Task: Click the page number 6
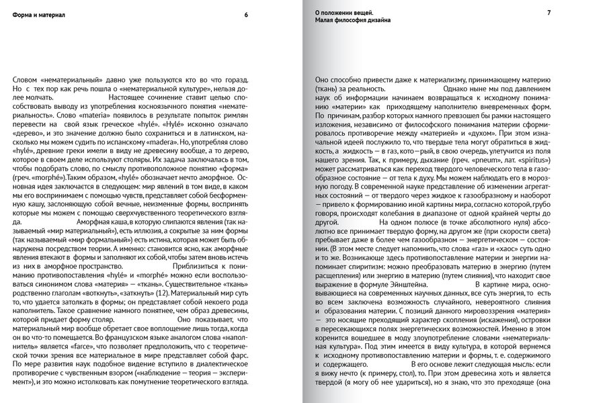tap(246, 15)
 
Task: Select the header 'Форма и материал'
tap(38, 15)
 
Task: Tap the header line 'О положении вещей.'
tap(344, 13)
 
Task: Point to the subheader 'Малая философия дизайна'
tap(353, 21)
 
